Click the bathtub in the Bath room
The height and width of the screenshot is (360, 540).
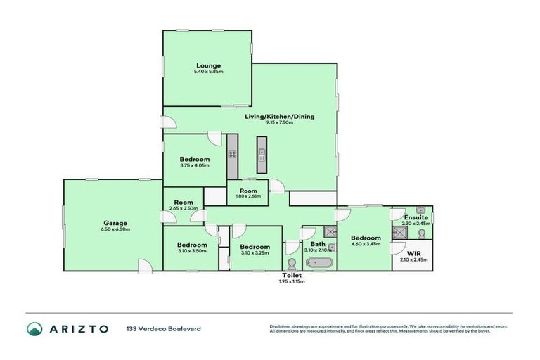320,264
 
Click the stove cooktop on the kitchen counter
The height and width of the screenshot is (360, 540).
232,154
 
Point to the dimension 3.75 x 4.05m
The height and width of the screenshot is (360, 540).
194,166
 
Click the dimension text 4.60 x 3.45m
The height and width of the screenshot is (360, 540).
366,244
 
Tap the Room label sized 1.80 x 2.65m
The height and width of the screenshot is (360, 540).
247,191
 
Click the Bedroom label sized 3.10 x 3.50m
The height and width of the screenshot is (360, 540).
191,244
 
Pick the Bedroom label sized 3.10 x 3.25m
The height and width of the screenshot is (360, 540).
255,247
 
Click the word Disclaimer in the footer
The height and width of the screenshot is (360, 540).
281,326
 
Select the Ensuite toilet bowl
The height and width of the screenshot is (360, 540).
422,233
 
